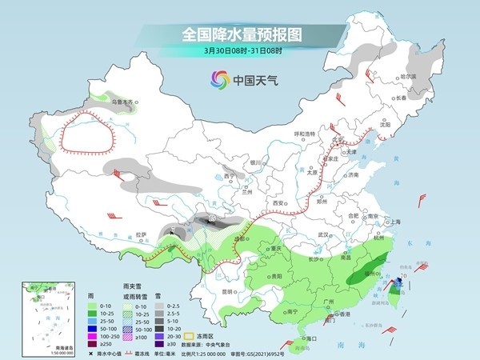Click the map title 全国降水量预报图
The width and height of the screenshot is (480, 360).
[x=239, y=35]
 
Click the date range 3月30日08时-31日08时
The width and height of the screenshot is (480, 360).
[x=239, y=52]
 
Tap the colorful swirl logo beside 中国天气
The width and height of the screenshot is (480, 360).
[x=218, y=79]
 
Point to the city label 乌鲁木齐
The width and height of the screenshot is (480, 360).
[x=124, y=102]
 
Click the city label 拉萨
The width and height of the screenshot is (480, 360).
[x=142, y=234]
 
